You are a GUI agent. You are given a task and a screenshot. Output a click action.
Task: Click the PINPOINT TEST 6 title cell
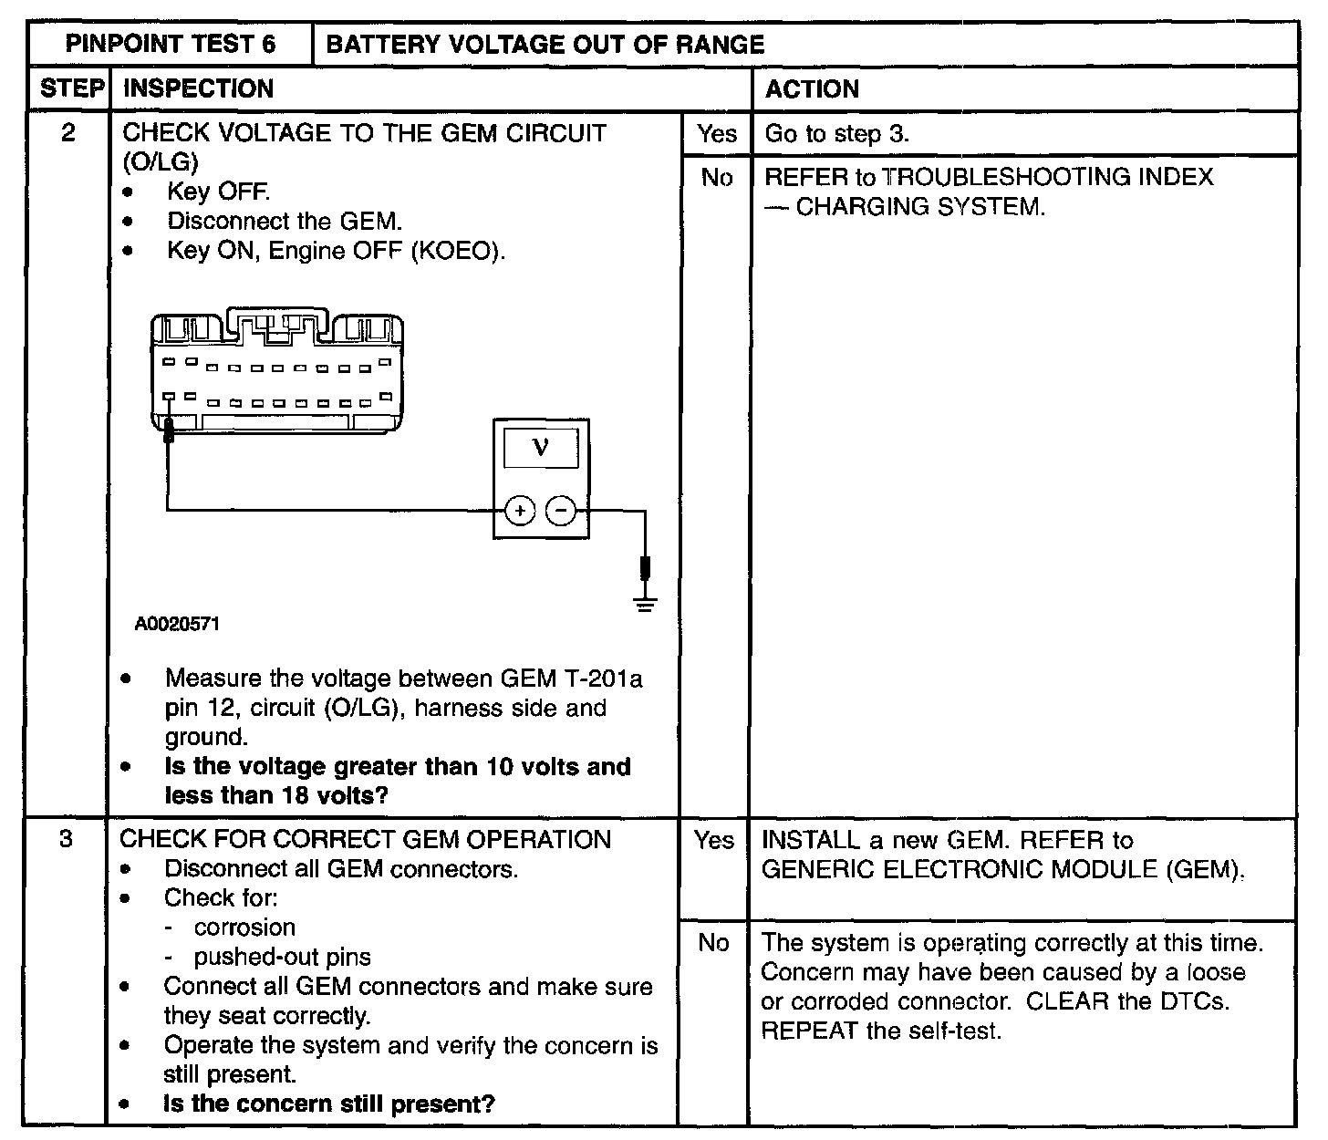pos(171,44)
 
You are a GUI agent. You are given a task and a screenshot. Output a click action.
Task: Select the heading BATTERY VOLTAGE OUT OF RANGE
pos(545,44)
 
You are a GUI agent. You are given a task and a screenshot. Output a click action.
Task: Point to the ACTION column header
pos(812,88)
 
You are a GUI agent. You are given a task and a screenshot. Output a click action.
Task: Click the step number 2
pos(68,133)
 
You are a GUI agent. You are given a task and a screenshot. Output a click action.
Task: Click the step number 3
pos(66,839)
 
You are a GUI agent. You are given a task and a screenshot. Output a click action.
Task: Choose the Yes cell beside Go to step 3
pos(716,134)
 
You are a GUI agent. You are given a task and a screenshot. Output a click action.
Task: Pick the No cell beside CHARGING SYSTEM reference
pos(716,177)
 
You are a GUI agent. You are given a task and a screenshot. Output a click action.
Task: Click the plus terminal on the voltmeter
pos(520,512)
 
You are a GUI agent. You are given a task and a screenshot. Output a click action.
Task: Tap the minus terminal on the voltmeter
pos(561,512)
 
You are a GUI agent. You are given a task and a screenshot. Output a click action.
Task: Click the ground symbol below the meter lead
pos(646,604)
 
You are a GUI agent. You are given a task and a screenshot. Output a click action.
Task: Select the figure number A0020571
pos(177,625)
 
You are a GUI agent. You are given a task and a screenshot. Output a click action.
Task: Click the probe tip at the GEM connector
pos(168,429)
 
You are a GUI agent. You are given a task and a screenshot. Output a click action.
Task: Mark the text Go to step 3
pos(836,134)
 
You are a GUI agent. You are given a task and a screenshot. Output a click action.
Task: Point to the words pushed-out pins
pos(282,957)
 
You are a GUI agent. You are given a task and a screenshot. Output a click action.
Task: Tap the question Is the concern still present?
pos(328,1104)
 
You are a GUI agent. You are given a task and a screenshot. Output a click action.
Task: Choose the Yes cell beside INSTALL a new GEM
pos(713,839)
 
